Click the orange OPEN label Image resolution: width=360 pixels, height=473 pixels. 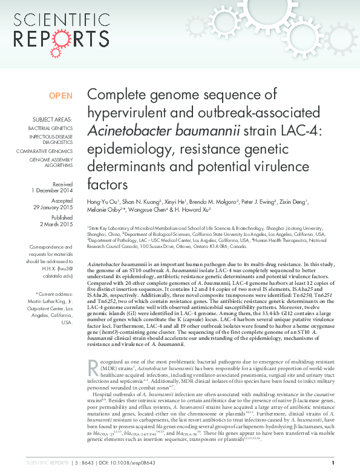coord(61,96)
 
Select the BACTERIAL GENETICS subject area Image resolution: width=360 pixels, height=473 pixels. coord(50,128)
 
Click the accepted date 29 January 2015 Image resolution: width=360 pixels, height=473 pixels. coord(54,207)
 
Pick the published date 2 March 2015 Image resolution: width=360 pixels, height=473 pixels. coord(58,224)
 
